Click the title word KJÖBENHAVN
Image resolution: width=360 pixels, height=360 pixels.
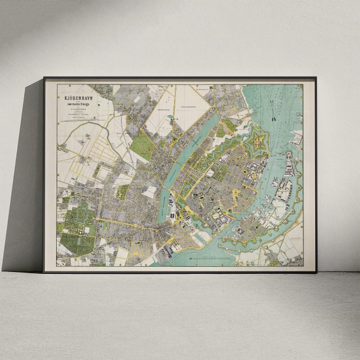click(x=73, y=98)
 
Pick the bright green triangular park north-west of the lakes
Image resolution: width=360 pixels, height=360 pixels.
click(x=142, y=145)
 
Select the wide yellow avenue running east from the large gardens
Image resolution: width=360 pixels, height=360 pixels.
click(x=124, y=224)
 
